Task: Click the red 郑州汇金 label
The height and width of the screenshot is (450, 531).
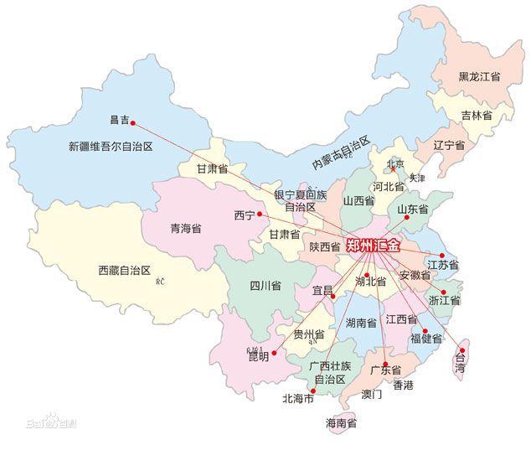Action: (374, 246)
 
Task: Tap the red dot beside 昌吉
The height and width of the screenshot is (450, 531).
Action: (133, 123)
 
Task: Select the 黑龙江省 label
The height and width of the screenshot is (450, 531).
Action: (479, 76)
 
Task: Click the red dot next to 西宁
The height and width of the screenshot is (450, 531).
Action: (260, 215)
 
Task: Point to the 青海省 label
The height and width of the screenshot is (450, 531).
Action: (185, 228)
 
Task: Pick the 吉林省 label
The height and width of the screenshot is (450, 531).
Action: (476, 115)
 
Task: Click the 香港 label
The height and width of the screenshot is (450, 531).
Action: (404, 385)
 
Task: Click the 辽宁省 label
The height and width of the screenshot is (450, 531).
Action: (449, 145)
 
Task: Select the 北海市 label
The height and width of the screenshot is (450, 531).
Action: (298, 398)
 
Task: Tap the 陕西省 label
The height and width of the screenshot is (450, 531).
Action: (325, 246)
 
